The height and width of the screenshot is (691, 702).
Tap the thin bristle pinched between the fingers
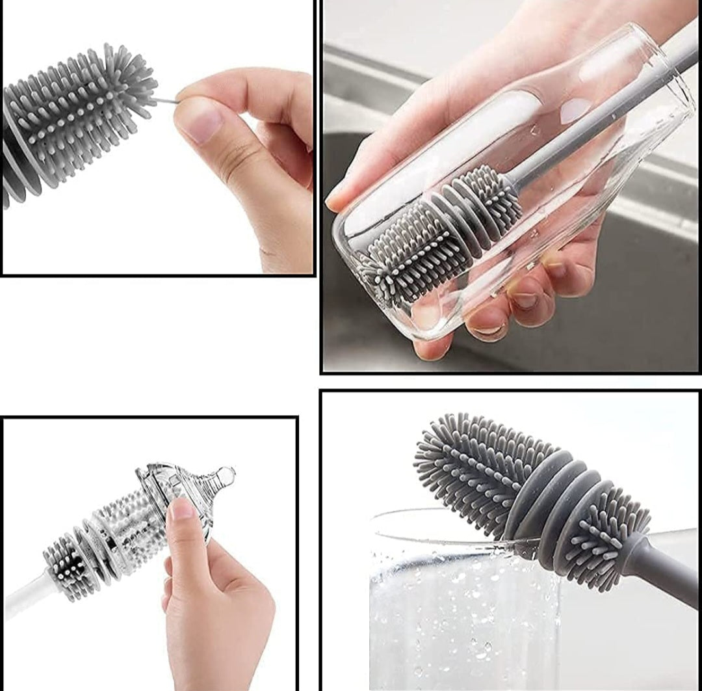[166, 101]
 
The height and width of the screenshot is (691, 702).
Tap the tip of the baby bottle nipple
[227, 472]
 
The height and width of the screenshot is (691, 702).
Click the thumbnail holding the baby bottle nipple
[181, 508]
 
